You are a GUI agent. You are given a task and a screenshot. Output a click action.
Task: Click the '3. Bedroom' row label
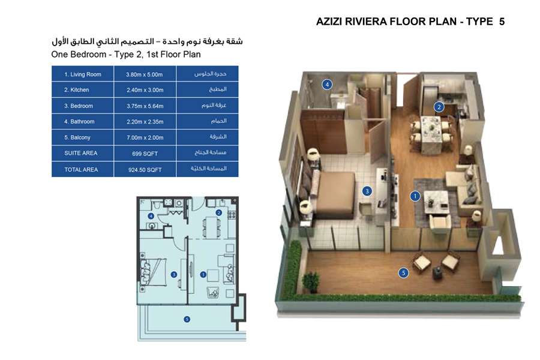tap(79, 106)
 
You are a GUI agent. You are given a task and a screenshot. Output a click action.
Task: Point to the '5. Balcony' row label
tap(79, 137)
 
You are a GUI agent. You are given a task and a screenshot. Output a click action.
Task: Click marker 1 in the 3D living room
tap(414, 196)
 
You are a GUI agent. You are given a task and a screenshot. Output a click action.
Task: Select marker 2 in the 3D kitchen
tap(439, 107)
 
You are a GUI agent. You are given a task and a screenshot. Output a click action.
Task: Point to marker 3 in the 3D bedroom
tap(367, 191)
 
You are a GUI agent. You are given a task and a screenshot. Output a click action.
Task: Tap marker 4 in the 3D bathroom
tap(327, 84)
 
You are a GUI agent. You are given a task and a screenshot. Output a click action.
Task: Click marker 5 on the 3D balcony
tap(403, 273)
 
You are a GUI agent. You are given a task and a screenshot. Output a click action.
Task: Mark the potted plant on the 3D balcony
tap(311, 281)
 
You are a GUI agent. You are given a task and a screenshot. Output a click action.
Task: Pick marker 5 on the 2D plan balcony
tap(187, 319)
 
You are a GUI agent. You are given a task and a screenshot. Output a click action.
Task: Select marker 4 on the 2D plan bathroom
tap(151, 216)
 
